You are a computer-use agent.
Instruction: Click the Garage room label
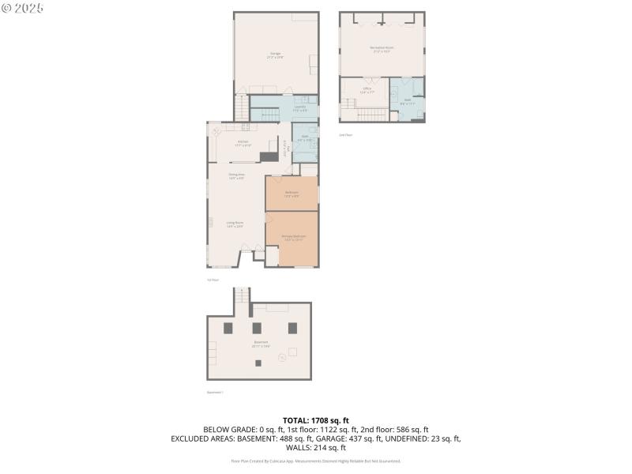(x=275, y=55)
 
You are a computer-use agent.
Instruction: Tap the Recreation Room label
(x=382, y=48)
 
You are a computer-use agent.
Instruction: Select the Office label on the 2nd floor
(x=367, y=89)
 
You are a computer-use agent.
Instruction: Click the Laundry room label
(x=299, y=107)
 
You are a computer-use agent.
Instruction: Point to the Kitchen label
(x=243, y=143)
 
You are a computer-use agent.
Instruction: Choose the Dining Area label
(x=236, y=175)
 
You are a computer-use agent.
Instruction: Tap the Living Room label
(x=235, y=224)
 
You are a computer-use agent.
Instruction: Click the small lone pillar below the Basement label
(x=258, y=363)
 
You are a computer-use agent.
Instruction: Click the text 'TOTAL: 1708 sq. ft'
(x=315, y=420)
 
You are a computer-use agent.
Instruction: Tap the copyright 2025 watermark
(x=23, y=7)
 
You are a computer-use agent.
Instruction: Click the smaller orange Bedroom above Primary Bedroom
(x=292, y=194)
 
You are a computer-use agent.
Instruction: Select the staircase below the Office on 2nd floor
(x=371, y=115)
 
